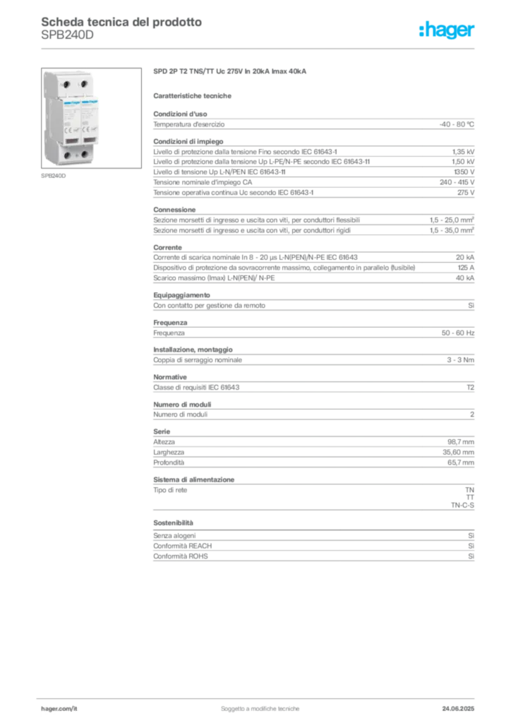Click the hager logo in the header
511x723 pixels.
coord(447,30)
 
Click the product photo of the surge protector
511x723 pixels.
coord(91,118)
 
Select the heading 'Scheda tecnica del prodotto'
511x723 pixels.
coord(121,22)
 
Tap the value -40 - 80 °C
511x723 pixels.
coord(457,124)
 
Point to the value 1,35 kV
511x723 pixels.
coord(463,152)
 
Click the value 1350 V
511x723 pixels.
coord(464,172)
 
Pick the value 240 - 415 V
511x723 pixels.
coord(457,182)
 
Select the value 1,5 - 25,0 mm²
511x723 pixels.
coord(452,220)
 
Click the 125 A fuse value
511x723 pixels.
coord(466,268)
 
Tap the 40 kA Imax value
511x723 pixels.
coord(465,278)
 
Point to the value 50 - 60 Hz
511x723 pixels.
coord(458,333)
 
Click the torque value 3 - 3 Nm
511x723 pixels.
coord(460,359)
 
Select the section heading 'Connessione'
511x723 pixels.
coord(174,210)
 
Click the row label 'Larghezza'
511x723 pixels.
coord(169,453)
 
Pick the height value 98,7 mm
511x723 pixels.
coord(461,442)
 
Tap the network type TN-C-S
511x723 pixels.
coord(462,506)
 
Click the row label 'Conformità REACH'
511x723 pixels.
coord(183,546)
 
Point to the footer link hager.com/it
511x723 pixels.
coord(59,709)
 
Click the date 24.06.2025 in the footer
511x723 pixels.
coord(458,709)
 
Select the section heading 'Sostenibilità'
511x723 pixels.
coord(173,523)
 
